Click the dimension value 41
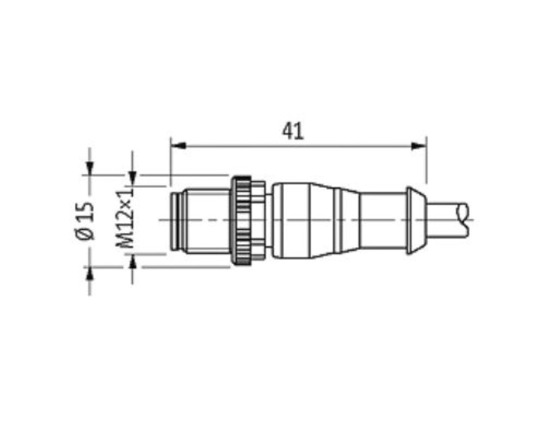[293, 131]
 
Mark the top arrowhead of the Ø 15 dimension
[90, 168]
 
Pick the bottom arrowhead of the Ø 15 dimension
[90, 274]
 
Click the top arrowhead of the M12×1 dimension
[132, 178]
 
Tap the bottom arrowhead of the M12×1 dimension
[132, 262]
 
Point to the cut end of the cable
[464, 220]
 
